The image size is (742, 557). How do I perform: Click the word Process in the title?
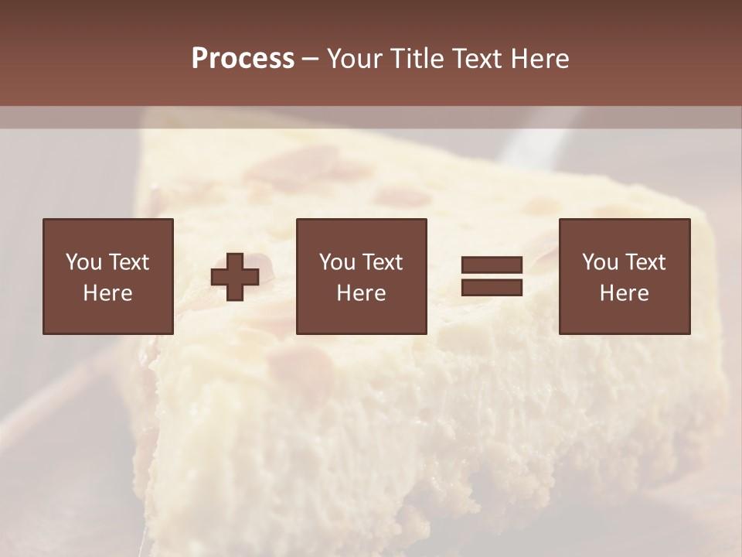(243, 59)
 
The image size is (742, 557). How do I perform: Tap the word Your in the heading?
(356, 59)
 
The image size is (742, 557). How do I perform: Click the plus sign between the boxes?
(235, 277)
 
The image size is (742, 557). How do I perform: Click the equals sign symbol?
(492, 276)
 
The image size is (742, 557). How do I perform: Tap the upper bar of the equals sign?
(492, 265)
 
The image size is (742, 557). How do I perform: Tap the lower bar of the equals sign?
(492, 287)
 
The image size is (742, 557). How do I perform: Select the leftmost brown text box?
(108, 276)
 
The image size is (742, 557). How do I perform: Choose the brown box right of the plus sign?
(362, 276)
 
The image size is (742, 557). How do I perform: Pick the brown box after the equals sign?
(625, 276)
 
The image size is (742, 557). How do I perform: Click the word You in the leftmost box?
(83, 262)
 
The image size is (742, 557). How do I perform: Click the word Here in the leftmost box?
(108, 293)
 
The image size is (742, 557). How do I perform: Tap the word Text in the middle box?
(381, 262)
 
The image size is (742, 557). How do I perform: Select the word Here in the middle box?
(362, 293)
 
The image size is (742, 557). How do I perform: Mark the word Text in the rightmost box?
(644, 262)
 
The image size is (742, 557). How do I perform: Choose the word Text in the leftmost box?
(128, 262)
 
